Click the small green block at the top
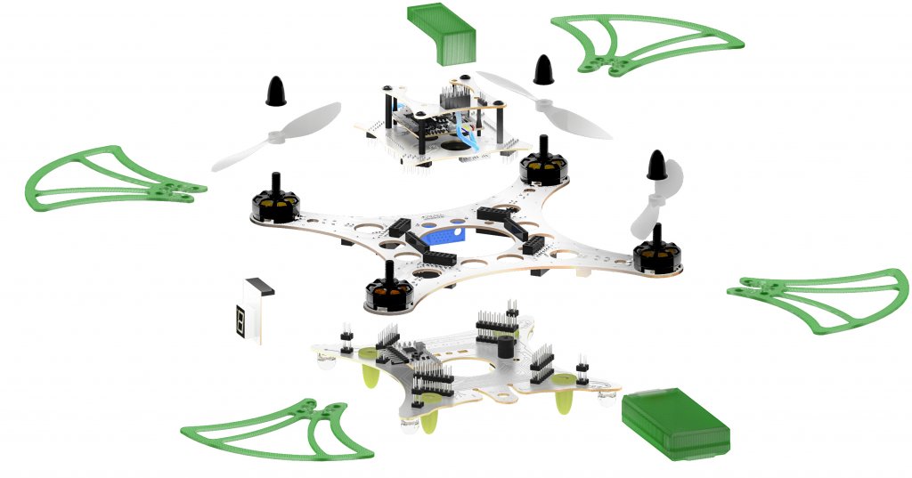[x=444, y=31]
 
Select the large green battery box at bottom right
[x=674, y=422]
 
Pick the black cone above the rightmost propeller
[x=656, y=164]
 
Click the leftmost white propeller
[x=276, y=136]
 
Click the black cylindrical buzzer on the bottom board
[x=504, y=343]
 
